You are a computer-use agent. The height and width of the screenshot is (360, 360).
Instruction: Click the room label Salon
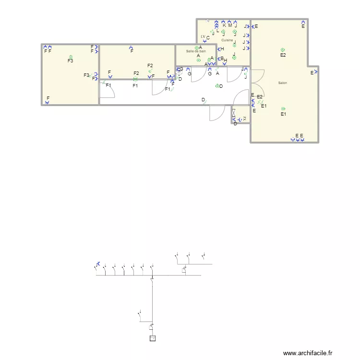[x=282, y=83]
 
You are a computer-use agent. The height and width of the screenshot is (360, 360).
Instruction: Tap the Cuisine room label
[x=227, y=40]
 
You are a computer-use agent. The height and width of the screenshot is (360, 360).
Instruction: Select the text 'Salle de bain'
[x=196, y=51]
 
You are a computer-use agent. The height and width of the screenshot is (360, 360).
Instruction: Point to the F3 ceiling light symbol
[x=71, y=56]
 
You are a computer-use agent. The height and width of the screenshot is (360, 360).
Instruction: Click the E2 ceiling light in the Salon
[x=283, y=50]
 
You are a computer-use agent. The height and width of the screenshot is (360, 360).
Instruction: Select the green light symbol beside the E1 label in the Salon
[x=283, y=109]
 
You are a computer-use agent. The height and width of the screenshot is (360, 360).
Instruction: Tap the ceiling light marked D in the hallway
[x=217, y=86]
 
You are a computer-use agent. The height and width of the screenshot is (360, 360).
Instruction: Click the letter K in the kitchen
[x=224, y=26]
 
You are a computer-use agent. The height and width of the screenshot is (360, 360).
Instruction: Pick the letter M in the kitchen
[x=230, y=26]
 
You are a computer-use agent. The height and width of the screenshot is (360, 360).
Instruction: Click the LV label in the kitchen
[x=203, y=36]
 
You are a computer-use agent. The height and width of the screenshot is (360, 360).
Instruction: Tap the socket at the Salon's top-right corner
[x=303, y=22]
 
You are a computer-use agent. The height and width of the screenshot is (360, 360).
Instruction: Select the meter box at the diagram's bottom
[x=153, y=338]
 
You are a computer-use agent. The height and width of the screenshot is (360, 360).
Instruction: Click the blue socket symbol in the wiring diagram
[x=98, y=264]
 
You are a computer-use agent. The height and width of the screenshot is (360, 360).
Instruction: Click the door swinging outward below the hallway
[x=217, y=114]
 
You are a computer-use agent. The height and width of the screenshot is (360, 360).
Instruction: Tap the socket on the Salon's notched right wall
[x=316, y=72]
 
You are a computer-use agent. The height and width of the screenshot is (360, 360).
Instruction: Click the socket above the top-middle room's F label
[x=131, y=47]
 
